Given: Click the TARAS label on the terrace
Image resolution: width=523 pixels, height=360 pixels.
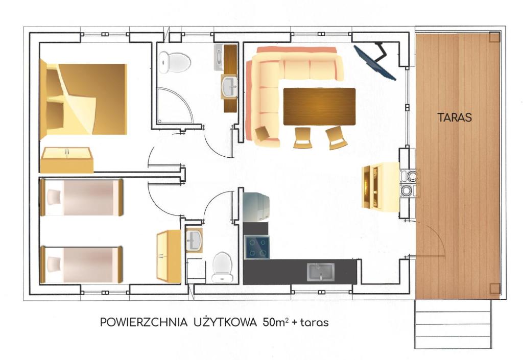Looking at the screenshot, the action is pos(454,117).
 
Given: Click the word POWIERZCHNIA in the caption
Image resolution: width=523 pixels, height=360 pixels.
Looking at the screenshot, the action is pos(144,322).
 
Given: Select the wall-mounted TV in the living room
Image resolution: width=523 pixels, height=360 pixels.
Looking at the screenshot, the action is pos(374,62).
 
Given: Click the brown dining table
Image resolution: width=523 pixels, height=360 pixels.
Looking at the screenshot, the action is pos(319,106).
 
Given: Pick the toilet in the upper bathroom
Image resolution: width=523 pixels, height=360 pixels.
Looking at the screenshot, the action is pos(175,62).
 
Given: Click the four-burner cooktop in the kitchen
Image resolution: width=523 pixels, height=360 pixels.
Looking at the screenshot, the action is pos(256,247).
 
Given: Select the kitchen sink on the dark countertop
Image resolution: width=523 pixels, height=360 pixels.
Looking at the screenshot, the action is pos(321,272).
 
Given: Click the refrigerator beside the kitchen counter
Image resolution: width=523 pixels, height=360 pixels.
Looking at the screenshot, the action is pos(256,207).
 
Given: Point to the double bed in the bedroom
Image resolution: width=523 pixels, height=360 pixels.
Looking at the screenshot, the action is pos(83,100).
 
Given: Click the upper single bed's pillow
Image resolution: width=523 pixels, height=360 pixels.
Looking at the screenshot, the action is pos(54,197).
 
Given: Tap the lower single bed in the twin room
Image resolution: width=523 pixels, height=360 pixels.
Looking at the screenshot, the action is pos(81,265).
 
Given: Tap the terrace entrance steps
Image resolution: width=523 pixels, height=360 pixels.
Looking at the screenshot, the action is pos(453,324).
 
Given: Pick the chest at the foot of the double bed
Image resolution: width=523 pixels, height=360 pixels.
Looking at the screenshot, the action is pos(67,160).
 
